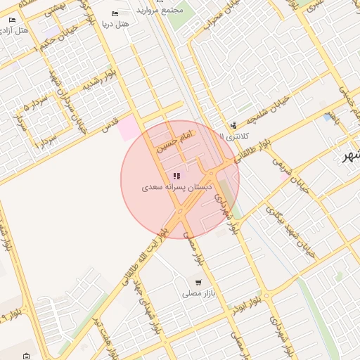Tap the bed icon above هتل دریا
tap(115, 14)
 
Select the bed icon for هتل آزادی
tap(12, 20)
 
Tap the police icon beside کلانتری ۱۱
tap(233, 125)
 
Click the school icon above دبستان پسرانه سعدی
tap(176, 176)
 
